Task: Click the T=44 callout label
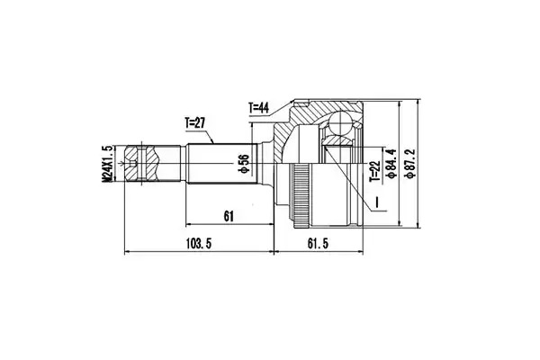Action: tap(258, 108)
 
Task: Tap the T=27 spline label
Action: tap(195, 123)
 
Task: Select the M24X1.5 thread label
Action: tap(107, 163)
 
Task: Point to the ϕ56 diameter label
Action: tap(244, 163)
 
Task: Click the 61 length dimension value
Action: tap(229, 216)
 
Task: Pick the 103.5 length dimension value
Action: tap(198, 244)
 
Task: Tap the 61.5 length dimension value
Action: tap(318, 244)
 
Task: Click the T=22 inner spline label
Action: tap(374, 171)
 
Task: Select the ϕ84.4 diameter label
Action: tap(391, 163)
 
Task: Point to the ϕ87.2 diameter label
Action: tap(410, 163)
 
